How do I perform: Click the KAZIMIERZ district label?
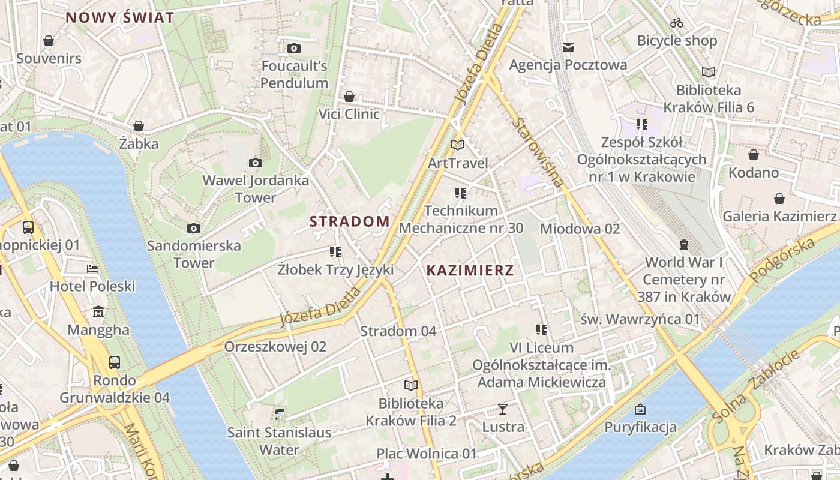(x=470, y=270)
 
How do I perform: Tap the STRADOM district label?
(x=349, y=221)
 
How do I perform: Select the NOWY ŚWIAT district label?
(x=119, y=17)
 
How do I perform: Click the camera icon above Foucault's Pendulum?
(x=294, y=48)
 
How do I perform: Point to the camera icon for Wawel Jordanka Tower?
(x=256, y=163)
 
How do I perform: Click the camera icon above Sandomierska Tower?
(x=193, y=228)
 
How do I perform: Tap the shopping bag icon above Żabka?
(x=139, y=126)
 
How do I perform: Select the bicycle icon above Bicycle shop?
(x=677, y=23)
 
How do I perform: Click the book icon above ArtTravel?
(x=458, y=145)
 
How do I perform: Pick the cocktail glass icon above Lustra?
(x=503, y=409)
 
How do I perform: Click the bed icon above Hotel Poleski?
(x=92, y=268)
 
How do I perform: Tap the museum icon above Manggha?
(x=98, y=312)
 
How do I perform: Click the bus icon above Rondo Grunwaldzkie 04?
(x=114, y=362)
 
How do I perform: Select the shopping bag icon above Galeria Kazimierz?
(x=779, y=198)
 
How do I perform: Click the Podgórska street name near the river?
(x=783, y=258)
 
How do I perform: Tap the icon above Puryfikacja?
(x=640, y=409)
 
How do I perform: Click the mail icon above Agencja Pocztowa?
(x=568, y=47)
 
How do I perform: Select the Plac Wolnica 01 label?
(x=426, y=454)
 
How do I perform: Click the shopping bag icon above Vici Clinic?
(x=349, y=96)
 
